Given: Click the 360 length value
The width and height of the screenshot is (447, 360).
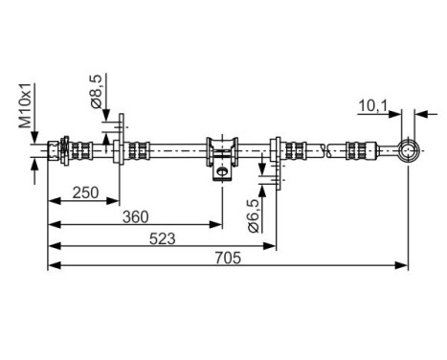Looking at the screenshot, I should (x=134, y=215).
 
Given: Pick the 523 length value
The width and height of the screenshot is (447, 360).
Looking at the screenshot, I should (x=162, y=239).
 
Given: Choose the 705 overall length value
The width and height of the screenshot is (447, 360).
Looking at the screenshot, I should (x=227, y=259).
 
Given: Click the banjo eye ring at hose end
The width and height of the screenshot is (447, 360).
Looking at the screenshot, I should (x=409, y=150).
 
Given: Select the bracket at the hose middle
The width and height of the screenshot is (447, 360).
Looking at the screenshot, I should (x=221, y=153).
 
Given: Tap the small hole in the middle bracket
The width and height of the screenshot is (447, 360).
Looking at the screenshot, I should (x=221, y=171).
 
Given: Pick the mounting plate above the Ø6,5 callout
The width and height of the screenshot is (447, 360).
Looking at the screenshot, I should (x=277, y=153).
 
